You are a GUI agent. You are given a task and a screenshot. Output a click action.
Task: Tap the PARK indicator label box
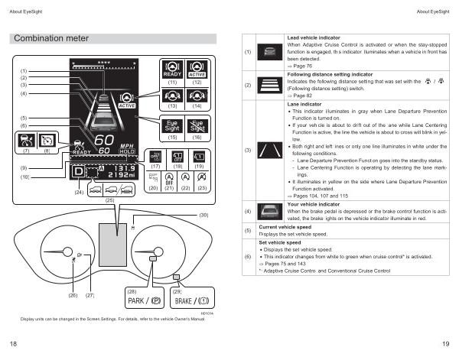pos(142,300)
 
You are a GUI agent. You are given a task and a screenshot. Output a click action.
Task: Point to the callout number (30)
pos(203,216)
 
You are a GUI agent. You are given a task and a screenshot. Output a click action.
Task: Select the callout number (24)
pos(79,192)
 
